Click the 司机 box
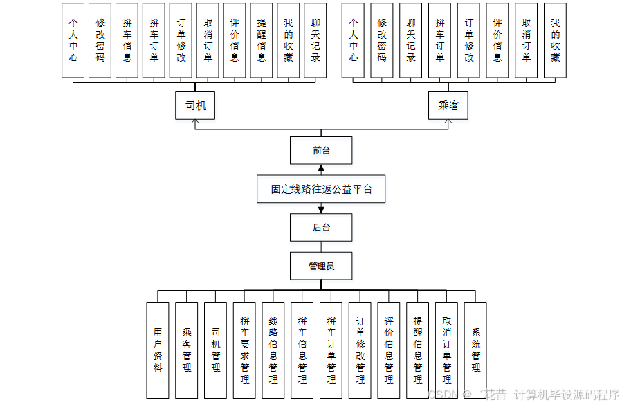[x=195, y=107]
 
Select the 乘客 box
[x=448, y=107]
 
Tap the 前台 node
[x=321, y=150]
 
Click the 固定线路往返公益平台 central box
[x=321, y=189]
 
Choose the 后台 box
[x=321, y=227]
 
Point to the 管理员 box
[x=321, y=266]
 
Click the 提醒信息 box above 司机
[x=262, y=40]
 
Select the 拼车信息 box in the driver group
[x=127, y=40]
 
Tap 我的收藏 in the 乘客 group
[x=555, y=40]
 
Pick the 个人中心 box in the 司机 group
[x=73, y=40]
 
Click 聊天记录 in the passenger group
[x=411, y=40]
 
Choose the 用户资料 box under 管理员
[x=158, y=350]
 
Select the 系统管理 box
[x=475, y=350]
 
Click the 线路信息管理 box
[x=273, y=350]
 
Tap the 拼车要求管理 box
[x=244, y=350]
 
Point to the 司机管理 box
[x=215, y=350]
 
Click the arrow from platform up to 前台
[x=321, y=170]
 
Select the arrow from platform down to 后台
[x=321, y=208]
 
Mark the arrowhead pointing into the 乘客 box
[x=448, y=123]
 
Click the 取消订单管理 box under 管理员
[x=446, y=350]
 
